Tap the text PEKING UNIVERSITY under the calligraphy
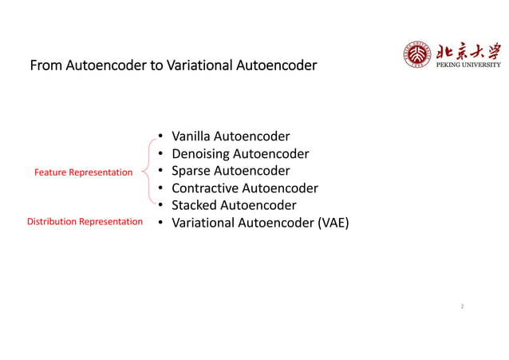point(469,65)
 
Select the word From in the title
point(45,65)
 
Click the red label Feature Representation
point(83,172)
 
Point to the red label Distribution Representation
point(85,222)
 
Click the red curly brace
point(147,170)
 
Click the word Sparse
point(191,171)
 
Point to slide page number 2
point(462,306)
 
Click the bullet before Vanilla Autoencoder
point(160,136)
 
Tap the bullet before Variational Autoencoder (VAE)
point(160,223)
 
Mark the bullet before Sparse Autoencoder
point(160,171)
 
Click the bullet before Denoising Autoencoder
point(160,154)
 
